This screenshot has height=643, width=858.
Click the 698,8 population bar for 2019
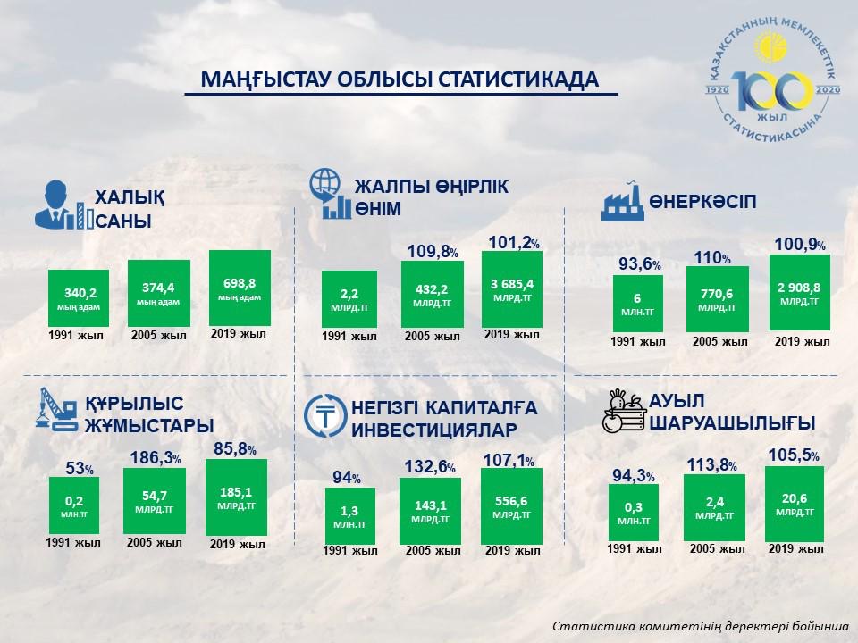click(240, 288)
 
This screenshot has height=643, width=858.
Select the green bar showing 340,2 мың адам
click(79, 298)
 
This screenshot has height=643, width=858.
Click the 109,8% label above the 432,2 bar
click(433, 252)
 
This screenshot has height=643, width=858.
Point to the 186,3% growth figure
click(156, 458)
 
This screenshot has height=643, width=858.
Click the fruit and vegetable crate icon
click(623, 411)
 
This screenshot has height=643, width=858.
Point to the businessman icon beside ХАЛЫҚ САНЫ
click(55, 205)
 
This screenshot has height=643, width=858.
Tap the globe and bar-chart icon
click(329, 193)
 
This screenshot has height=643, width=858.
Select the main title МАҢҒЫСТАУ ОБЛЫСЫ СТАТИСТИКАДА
click(399, 79)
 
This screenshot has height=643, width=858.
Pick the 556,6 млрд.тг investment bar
click(510, 505)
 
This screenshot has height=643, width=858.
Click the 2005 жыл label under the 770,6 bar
click(720, 341)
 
